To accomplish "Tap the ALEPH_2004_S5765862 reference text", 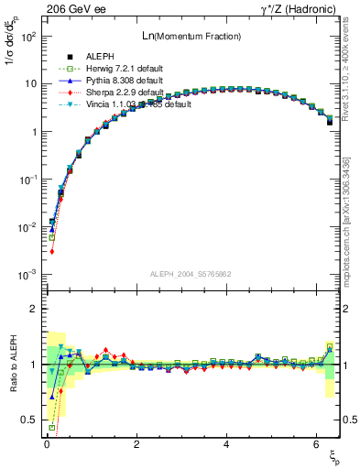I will pyautogui.click(x=191, y=275).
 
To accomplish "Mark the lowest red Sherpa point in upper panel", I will pyautogui.click(x=52, y=251).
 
